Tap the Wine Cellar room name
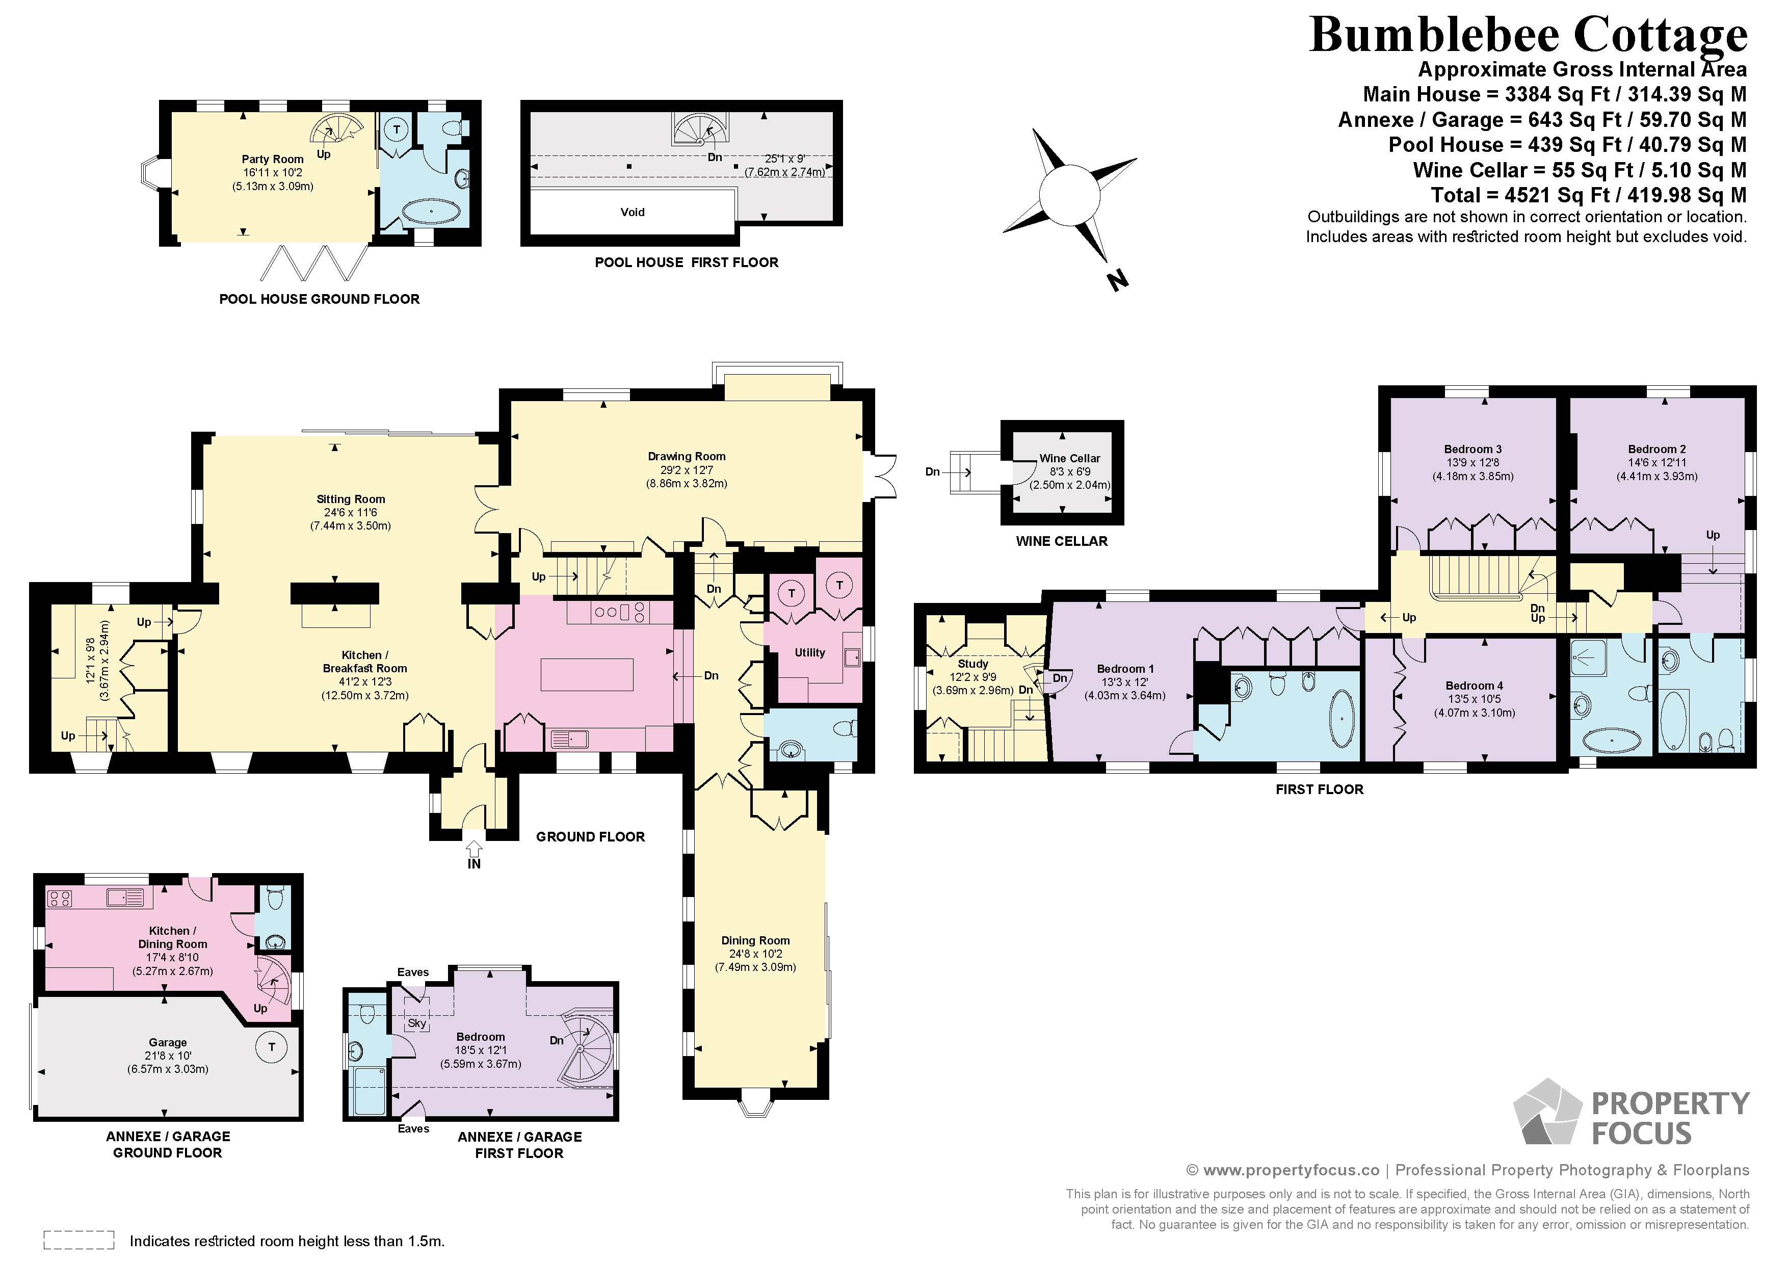1069,458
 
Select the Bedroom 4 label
1474,686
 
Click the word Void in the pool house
633,212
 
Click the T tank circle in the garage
271,1047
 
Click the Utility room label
810,652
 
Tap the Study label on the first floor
972,664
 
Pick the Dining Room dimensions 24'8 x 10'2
755,953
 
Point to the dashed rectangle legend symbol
78,1241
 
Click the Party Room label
273,159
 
